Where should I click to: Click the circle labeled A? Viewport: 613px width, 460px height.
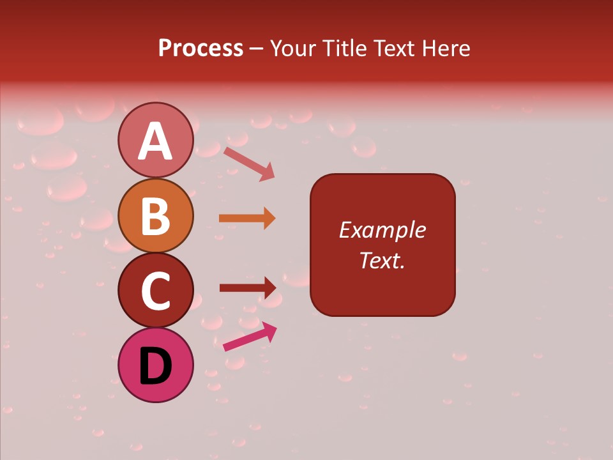(x=156, y=140)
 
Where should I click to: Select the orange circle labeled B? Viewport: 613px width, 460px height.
(x=156, y=215)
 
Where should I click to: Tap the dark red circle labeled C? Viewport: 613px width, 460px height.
(x=156, y=290)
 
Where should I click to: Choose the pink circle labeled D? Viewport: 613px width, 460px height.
(x=156, y=365)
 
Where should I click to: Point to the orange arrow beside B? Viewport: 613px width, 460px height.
(x=247, y=218)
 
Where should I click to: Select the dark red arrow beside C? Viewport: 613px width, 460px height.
(x=247, y=287)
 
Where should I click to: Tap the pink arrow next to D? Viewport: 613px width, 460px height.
(x=250, y=337)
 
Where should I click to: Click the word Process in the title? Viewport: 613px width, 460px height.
(x=201, y=48)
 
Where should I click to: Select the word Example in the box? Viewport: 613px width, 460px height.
(x=382, y=230)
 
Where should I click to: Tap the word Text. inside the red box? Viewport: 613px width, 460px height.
(x=382, y=260)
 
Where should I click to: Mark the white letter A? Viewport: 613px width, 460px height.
(x=156, y=141)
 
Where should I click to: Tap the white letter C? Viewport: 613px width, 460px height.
(x=156, y=291)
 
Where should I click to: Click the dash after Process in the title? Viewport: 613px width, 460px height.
(x=257, y=49)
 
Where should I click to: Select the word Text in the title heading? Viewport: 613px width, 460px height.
(x=395, y=48)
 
